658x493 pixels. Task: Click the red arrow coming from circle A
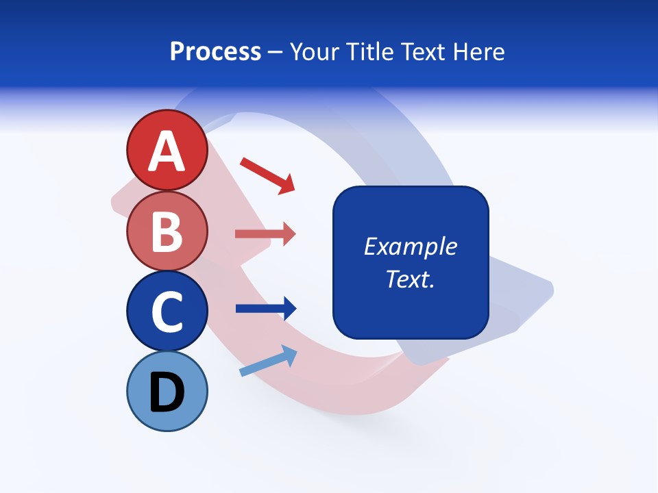[267, 175]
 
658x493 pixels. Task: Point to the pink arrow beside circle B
[265, 234]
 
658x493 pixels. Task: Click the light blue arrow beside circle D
[268, 361]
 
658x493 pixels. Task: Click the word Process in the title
[215, 52]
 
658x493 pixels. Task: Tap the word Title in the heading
[369, 52]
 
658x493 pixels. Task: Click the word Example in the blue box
[410, 246]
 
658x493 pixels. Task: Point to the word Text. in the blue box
[410, 279]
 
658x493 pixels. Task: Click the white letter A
[167, 151]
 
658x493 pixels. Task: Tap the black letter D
[167, 393]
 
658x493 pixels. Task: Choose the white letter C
[167, 312]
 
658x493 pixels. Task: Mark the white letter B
[167, 231]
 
